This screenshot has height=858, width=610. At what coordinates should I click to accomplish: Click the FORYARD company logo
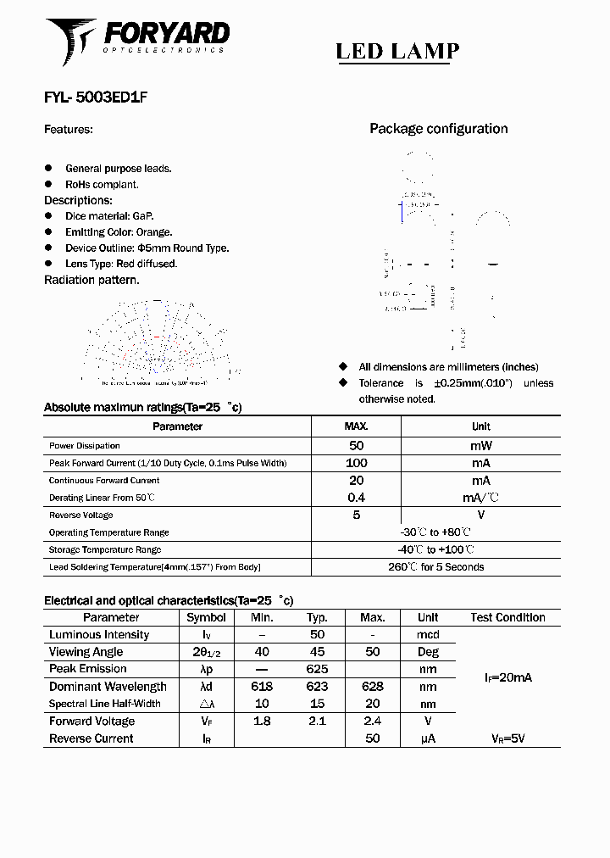click(x=137, y=40)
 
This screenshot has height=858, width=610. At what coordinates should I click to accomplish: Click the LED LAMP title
click(x=397, y=52)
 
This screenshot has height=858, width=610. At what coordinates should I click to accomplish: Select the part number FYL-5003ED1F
click(x=96, y=97)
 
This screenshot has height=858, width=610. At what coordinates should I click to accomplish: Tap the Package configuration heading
click(x=438, y=129)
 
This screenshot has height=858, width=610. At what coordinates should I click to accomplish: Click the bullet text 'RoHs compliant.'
click(x=102, y=185)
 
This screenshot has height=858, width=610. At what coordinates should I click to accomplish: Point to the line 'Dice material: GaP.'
click(x=109, y=217)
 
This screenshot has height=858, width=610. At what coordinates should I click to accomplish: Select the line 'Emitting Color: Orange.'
click(x=119, y=232)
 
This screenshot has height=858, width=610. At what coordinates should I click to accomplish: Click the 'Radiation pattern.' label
click(x=91, y=280)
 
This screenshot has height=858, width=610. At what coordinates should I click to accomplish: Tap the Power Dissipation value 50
click(x=356, y=446)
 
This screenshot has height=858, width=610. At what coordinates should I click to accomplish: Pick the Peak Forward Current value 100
click(x=356, y=463)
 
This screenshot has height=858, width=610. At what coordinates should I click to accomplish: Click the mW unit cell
click(x=480, y=446)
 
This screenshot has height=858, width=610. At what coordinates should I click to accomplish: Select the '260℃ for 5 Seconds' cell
click(x=435, y=567)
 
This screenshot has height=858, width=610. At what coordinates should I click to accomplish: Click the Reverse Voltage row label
click(x=80, y=515)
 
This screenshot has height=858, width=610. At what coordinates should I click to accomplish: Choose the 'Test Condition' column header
click(x=507, y=618)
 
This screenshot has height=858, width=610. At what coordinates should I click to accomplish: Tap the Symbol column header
click(x=206, y=618)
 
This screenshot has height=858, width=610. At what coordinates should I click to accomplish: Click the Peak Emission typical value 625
click(x=317, y=670)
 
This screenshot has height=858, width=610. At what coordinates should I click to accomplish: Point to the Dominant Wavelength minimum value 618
click(x=262, y=687)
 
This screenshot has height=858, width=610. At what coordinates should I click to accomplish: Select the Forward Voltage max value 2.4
click(x=372, y=721)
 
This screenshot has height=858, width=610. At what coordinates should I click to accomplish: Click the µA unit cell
click(x=428, y=739)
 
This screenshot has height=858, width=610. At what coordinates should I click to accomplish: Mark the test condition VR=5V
click(x=507, y=739)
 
